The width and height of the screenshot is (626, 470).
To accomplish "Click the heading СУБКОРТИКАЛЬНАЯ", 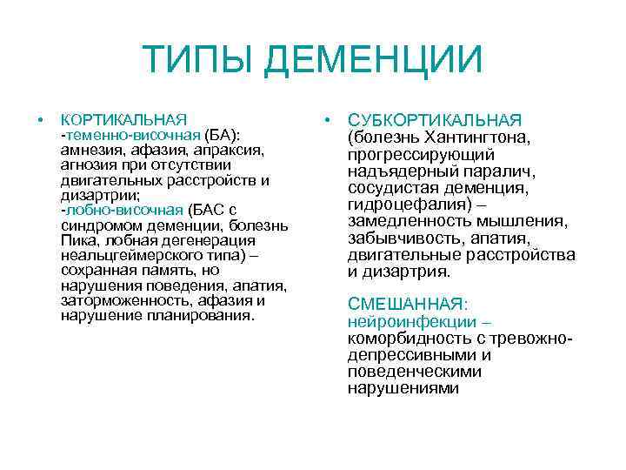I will pos(435,120).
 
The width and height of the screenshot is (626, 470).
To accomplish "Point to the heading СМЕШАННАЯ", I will pos(406,305).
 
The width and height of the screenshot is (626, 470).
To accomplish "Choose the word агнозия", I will pos(86,165).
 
